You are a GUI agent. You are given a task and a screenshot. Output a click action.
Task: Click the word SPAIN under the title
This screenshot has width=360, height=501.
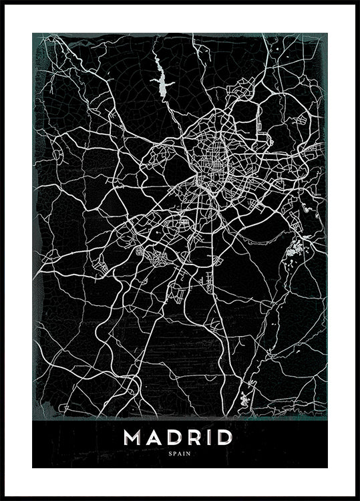click(180, 454)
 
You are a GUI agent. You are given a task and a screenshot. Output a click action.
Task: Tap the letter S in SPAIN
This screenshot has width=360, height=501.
click(172, 454)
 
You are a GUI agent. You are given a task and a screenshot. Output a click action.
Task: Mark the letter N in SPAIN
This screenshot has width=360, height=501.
click(188, 454)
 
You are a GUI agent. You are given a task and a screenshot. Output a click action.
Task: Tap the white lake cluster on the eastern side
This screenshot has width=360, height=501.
click(295, 251)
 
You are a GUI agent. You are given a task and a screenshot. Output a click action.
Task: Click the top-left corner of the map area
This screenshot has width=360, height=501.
click(32, 33)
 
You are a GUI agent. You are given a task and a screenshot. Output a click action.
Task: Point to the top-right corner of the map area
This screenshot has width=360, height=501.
click(328, 33)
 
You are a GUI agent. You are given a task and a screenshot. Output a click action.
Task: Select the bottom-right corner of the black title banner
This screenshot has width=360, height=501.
click(328, 468)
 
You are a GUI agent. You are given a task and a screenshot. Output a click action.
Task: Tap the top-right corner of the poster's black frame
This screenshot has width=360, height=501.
click(358, 2)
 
